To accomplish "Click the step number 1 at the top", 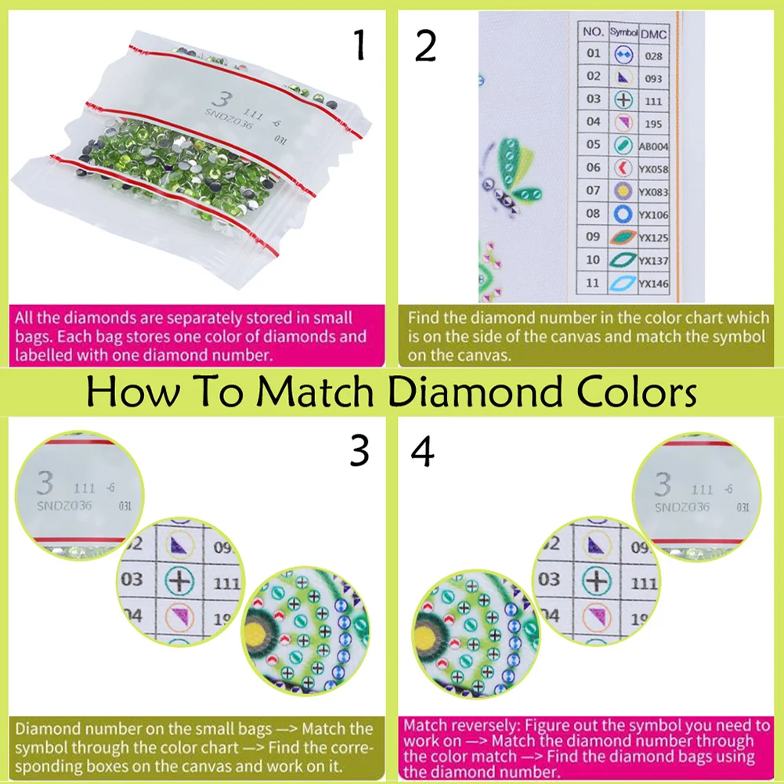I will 359,47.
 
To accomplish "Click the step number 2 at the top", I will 425,47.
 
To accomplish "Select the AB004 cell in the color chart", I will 654,146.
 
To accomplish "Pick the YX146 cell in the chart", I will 654,284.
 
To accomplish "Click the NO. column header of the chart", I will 594,33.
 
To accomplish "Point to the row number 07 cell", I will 594,190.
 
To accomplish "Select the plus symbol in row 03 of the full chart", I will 623,100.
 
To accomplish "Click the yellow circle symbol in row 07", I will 623,191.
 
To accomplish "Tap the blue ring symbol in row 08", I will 623,214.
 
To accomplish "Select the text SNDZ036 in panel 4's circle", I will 681,507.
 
